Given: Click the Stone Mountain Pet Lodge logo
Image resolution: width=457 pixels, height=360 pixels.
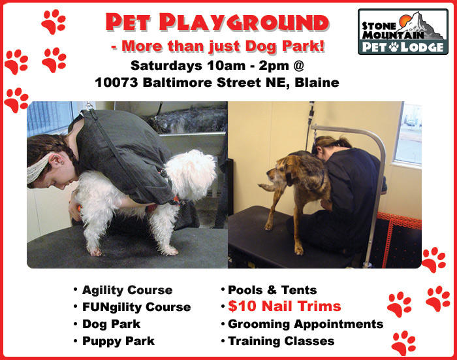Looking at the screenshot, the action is pyautogui.click(x=403, y=31).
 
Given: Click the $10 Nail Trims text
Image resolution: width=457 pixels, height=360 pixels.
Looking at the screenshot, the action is pyautogui.click(x=285, y=306).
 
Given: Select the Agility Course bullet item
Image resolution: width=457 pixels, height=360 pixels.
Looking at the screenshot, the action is pyautogui.click(x=127, y=290).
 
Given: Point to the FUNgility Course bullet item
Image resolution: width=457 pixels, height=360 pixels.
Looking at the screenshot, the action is pyautogui.click(x=136, y=307).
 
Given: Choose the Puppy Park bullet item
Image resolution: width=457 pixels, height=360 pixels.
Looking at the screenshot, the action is pyautogui.click(x=118, y=341).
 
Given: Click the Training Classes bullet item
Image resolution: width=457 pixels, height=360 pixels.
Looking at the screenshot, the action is pyautogui.click(x=281, y=341).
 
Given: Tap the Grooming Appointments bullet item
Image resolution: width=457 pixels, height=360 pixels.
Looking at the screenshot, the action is pyautogui.click(x=306, y=324).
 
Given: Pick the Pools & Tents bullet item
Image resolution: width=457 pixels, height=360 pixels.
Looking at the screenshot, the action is pyautogui.click(x=272, y=290).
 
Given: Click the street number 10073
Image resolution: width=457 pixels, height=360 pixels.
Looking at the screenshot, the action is pyautogui.click(x=116, y=82).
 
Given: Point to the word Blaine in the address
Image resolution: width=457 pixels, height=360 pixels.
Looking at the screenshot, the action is pyautogui.click(x=317, y=82).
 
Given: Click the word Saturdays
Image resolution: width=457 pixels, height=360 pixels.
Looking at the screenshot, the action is pyautogui.click(x=166, y=65).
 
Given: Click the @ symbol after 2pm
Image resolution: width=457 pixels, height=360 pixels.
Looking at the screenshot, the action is pyautogui.click(x=298, y=65).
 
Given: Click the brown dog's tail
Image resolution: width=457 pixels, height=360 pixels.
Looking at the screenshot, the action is pyautogui.click(x=267, y=187).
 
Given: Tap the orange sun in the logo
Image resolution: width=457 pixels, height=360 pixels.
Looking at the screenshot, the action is pyautogui.click(x=405, y=20).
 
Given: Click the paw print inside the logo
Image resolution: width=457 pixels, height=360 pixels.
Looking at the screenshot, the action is pyautogui.click(x=394, y=46).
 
